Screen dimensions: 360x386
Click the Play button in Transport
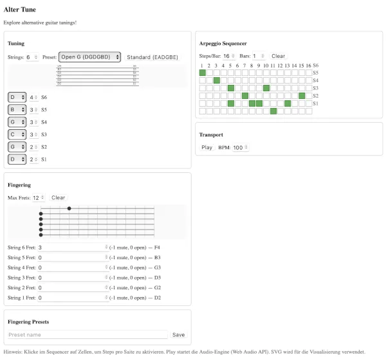coord(207,147)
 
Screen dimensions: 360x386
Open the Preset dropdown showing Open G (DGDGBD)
coord(89,57)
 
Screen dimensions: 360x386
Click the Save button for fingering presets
coord(178,335)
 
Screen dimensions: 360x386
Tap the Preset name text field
coord(87,335)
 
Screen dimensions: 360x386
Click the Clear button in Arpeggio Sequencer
coord(278,56)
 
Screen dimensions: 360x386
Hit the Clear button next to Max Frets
coord(58,197)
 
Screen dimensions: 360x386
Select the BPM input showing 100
coord(240,147)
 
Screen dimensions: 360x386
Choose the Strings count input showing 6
coord(32,57)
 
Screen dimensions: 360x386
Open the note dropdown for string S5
coord(16,110)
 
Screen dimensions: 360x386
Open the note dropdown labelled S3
coord(16,134)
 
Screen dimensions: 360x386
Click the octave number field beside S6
coord(33,98)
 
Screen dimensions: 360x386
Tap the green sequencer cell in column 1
coord(202,73)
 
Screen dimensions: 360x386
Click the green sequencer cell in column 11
coord(273,111)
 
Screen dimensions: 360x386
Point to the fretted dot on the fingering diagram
coord(69,208)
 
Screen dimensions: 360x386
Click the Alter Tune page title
coord(19,10)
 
